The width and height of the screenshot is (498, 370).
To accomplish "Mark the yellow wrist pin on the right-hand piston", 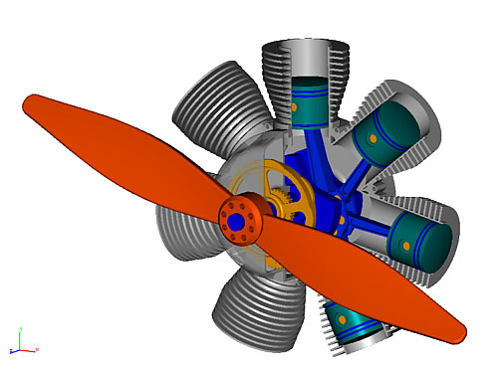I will [405, 238].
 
